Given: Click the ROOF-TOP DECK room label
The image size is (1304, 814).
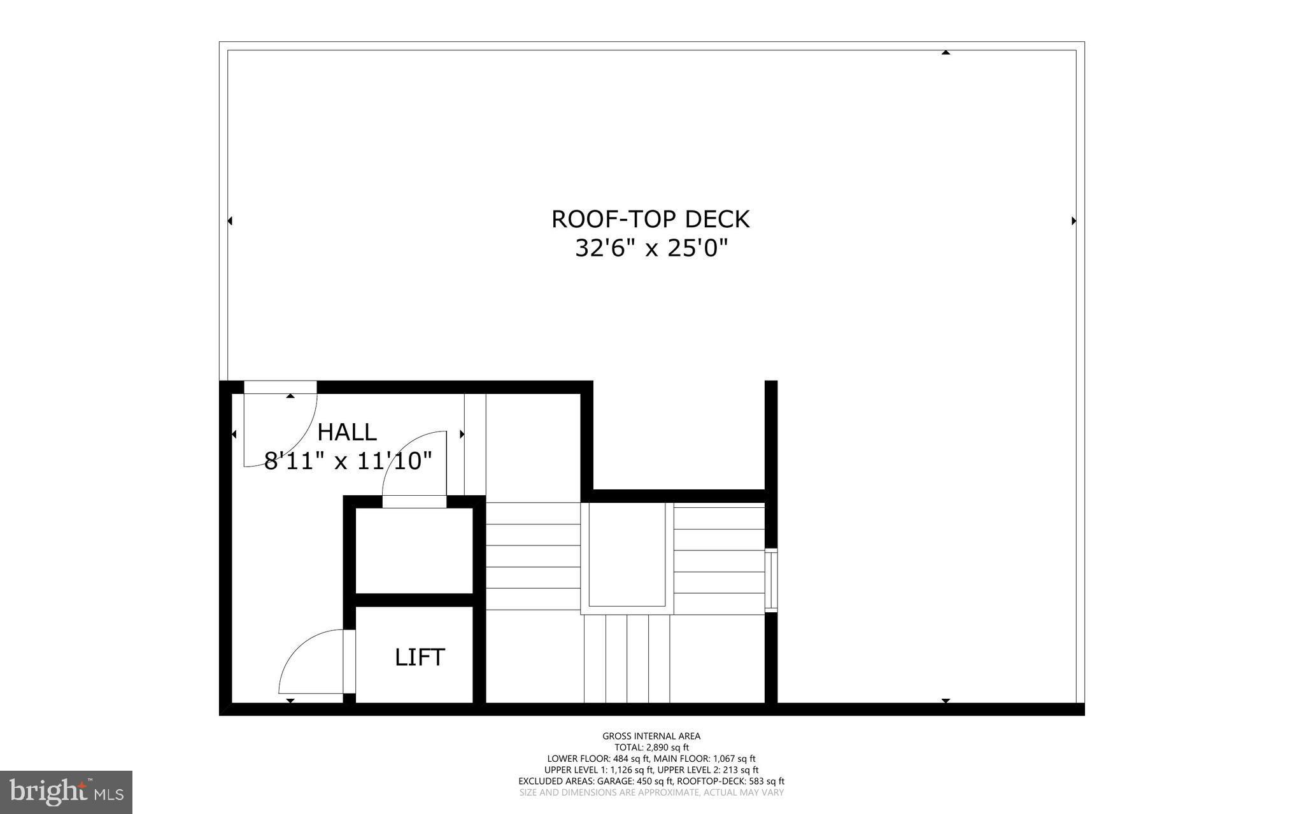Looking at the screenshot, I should click(x=650, y=219).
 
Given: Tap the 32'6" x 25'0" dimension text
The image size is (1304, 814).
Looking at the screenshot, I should click(x=651, y=248).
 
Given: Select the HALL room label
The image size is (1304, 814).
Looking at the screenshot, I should click(x=347, y=432).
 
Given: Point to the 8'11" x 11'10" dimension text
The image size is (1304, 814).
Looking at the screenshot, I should click(x=348, y=461).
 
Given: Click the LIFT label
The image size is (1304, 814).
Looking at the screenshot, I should click(x=420, y=657).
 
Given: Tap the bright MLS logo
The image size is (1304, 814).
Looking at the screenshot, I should click(x=66, y=792).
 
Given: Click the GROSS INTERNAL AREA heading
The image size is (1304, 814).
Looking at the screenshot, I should click(x=651, y=736).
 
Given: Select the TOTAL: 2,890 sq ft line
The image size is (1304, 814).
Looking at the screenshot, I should click(x=651, y=748).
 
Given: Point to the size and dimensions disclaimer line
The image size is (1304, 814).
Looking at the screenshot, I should click(x=651, y=792).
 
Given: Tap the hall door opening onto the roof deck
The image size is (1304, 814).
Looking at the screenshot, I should click(x=280, y=426).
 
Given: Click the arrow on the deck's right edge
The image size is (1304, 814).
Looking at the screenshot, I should click(x=1074, y=221).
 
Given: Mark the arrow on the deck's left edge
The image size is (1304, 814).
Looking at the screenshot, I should click(x=230, y=221).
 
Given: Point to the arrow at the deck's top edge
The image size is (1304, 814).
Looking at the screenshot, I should click(x=946, y=52).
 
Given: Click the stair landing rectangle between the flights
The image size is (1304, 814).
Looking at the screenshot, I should click(x=627, y=554).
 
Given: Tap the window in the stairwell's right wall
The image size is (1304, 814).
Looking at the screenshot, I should click(x=771, y=580).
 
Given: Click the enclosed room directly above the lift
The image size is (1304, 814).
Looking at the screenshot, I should click(x=414, y=551).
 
